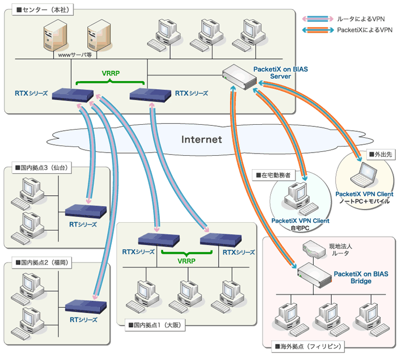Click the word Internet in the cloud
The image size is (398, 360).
tap(202, 139)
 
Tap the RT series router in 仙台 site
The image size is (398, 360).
tap(80, 211)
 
